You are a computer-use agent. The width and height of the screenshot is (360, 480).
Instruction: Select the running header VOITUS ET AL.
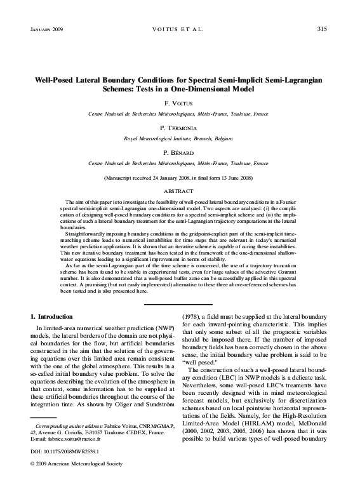[180, 29]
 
